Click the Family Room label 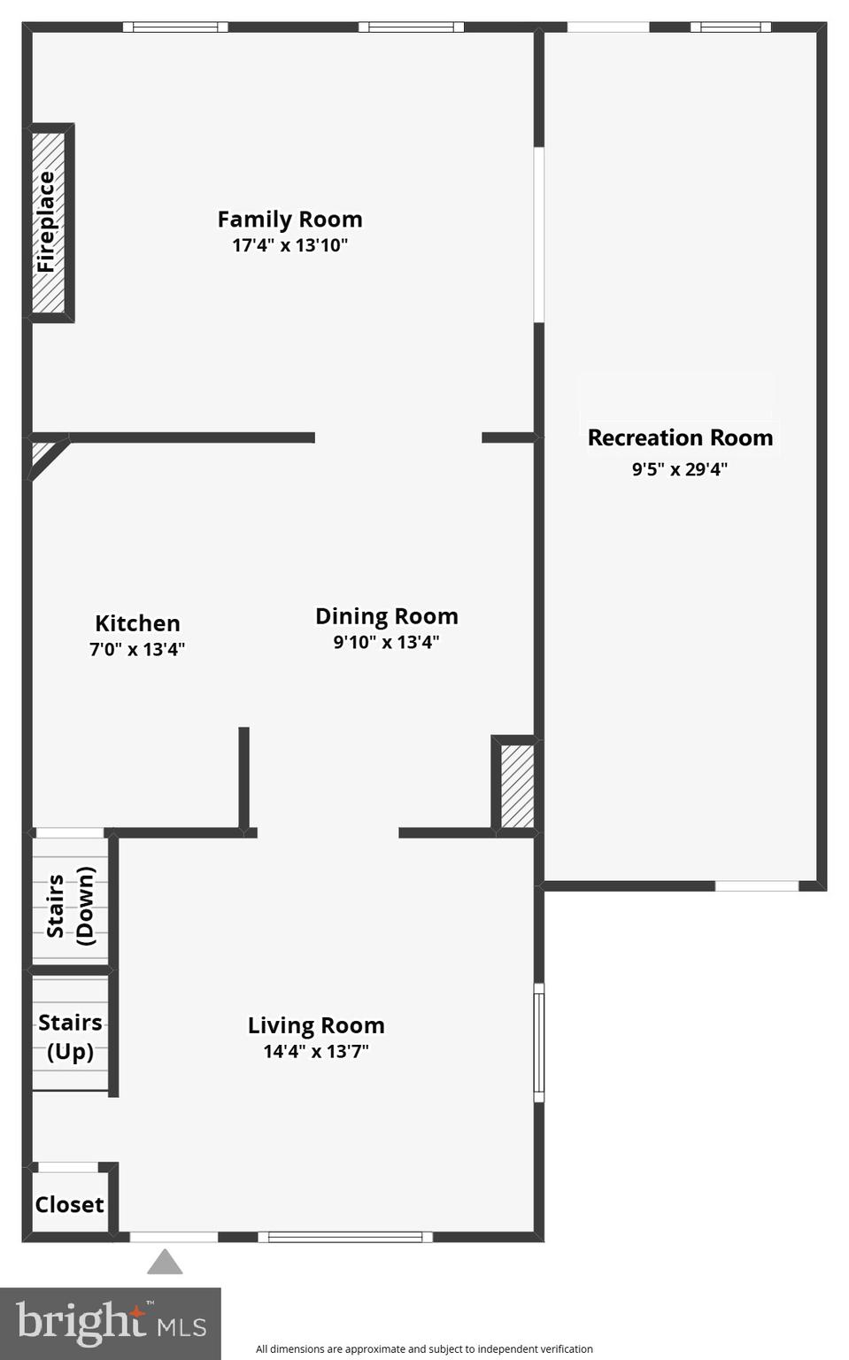pyautogui.click(x=289, y=219)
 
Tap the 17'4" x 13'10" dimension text pyautogui.click(x=289, y=245)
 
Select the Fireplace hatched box pyautogui.click(x=49, y=222)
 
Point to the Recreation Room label pyautogui.click(x=680, y=437)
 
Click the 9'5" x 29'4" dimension pyautogui.click(x=679, y=469)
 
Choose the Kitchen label pyautogui.click(x=137, y=623)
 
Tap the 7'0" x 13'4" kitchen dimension pyautogui.click(x=137, y=649)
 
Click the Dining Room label pyautogui.click(x=386, y=616)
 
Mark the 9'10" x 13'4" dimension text pyautogui.click(x=386, y=642)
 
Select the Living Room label pyautogui.click(x=316, y=1025)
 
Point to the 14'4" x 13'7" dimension pyautogui.click(x=316, y=1051)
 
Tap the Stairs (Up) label pyautogui.click(x=70, y=1037)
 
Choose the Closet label pyautogui.click(x=69, y=1204)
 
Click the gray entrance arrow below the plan pyautogui.click(x=165, y=1263)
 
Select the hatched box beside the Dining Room pyautogui.click(x=517, y=786)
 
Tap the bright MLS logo pyautogui.click(x=111, y=1324)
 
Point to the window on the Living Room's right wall pyautogui.click(x=538, y=1042)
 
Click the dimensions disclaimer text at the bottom pyautogui.click(x=424, y=1348)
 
